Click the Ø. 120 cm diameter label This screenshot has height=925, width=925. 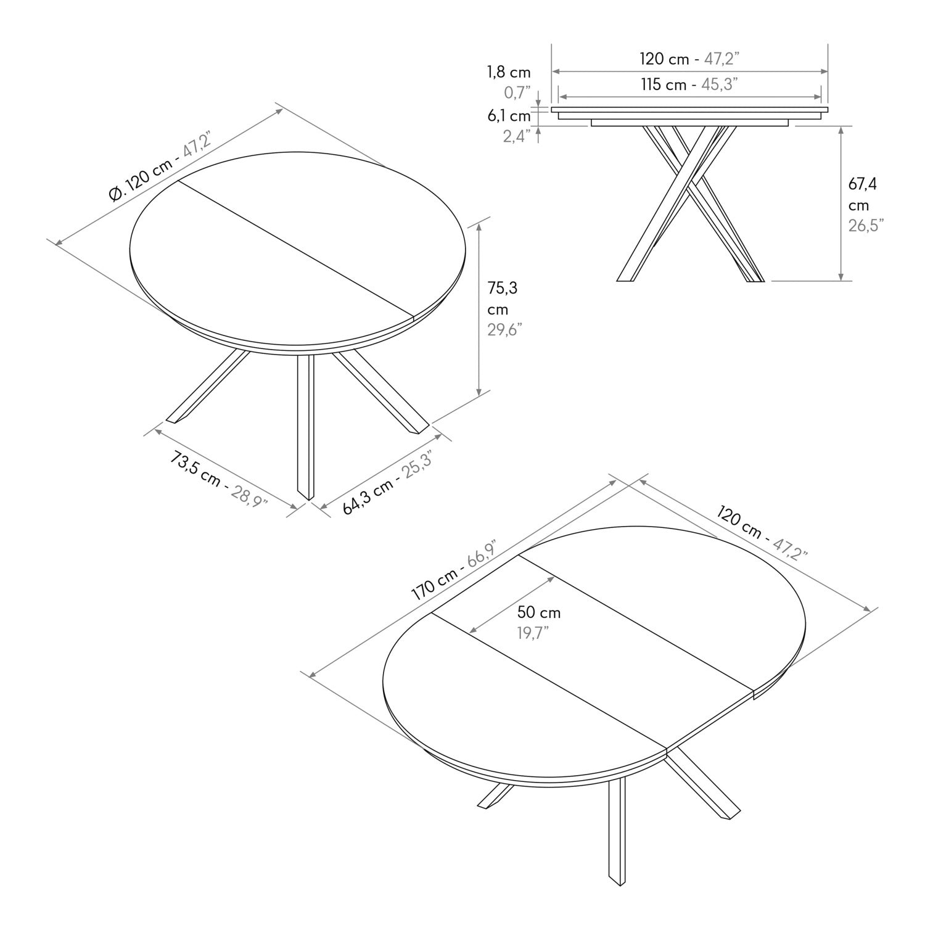coord(160,166)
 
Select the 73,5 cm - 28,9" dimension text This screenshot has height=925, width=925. coord(218,478)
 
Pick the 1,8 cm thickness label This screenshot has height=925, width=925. coord(509,72)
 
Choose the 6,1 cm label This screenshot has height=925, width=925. coord(509,115)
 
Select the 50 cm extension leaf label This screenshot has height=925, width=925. coord(539,612)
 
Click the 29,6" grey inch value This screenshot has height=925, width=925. coord(505,329)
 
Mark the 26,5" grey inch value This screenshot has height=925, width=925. coord(866,225)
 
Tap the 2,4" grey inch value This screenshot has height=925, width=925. coord(517,136)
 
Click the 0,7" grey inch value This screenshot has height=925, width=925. coord(517,93)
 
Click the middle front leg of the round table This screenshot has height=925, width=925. coord(305,425)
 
